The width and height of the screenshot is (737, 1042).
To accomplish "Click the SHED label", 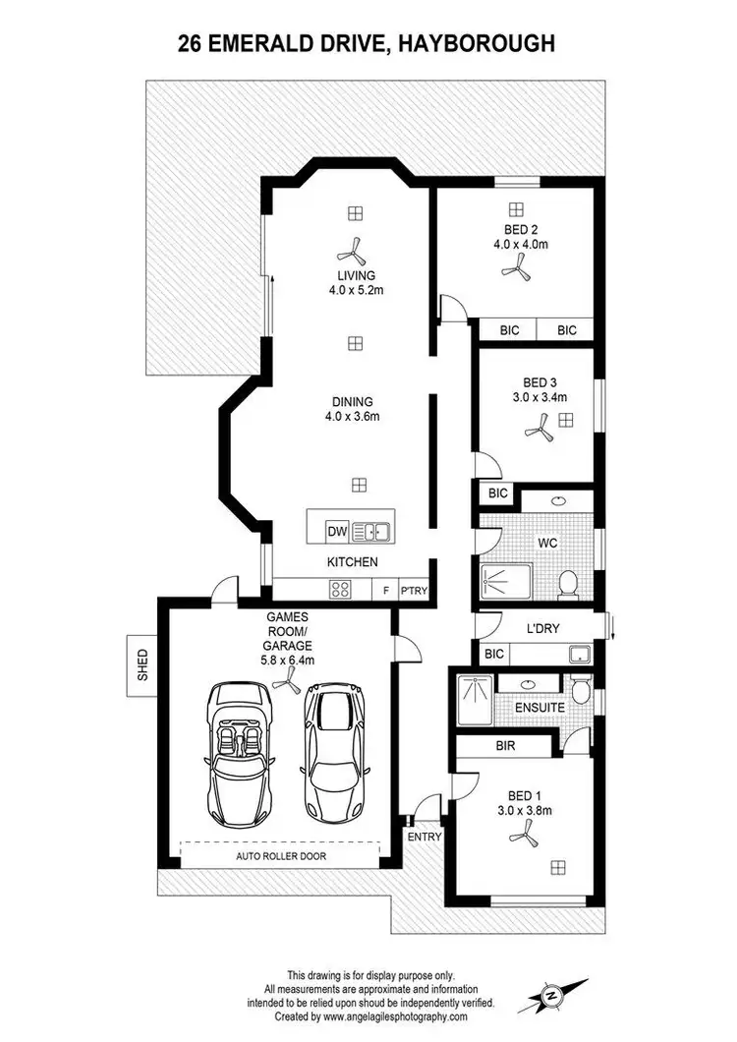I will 143,664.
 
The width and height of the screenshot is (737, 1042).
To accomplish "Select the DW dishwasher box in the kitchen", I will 337,532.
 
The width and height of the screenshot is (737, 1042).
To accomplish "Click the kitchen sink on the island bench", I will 371,532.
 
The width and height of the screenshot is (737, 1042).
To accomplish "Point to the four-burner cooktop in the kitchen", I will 341,589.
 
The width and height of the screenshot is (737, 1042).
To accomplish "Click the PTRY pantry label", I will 416,590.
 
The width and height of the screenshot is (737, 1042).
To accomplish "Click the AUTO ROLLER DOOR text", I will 280,856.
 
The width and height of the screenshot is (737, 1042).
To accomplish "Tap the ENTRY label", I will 425,837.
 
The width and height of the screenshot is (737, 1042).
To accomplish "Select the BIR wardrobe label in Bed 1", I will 506,747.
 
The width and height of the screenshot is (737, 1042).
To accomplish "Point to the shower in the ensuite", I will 473,700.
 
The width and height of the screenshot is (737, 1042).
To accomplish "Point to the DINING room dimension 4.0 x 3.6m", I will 352,416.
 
